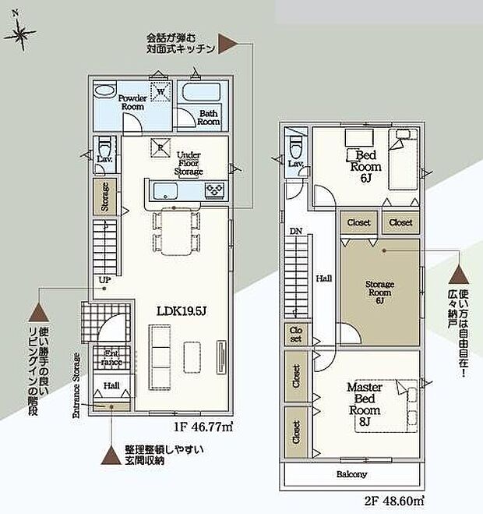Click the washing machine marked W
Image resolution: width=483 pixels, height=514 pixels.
click(160, 91)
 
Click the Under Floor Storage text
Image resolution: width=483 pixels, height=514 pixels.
click(189, 163)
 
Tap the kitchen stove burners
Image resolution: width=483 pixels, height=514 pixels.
click(214, 190)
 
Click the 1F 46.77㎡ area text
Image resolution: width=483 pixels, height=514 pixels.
click(202, 427)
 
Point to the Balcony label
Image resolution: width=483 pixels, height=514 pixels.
click(351, 473)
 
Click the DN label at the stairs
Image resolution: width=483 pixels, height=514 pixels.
click(295, 232)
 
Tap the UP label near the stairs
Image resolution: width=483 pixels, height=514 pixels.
click(103, 281)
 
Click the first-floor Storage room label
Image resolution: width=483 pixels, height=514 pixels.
click(104, 197)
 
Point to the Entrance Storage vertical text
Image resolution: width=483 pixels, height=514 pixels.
click(76, 387)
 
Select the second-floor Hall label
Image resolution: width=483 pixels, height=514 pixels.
click(325, 278)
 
